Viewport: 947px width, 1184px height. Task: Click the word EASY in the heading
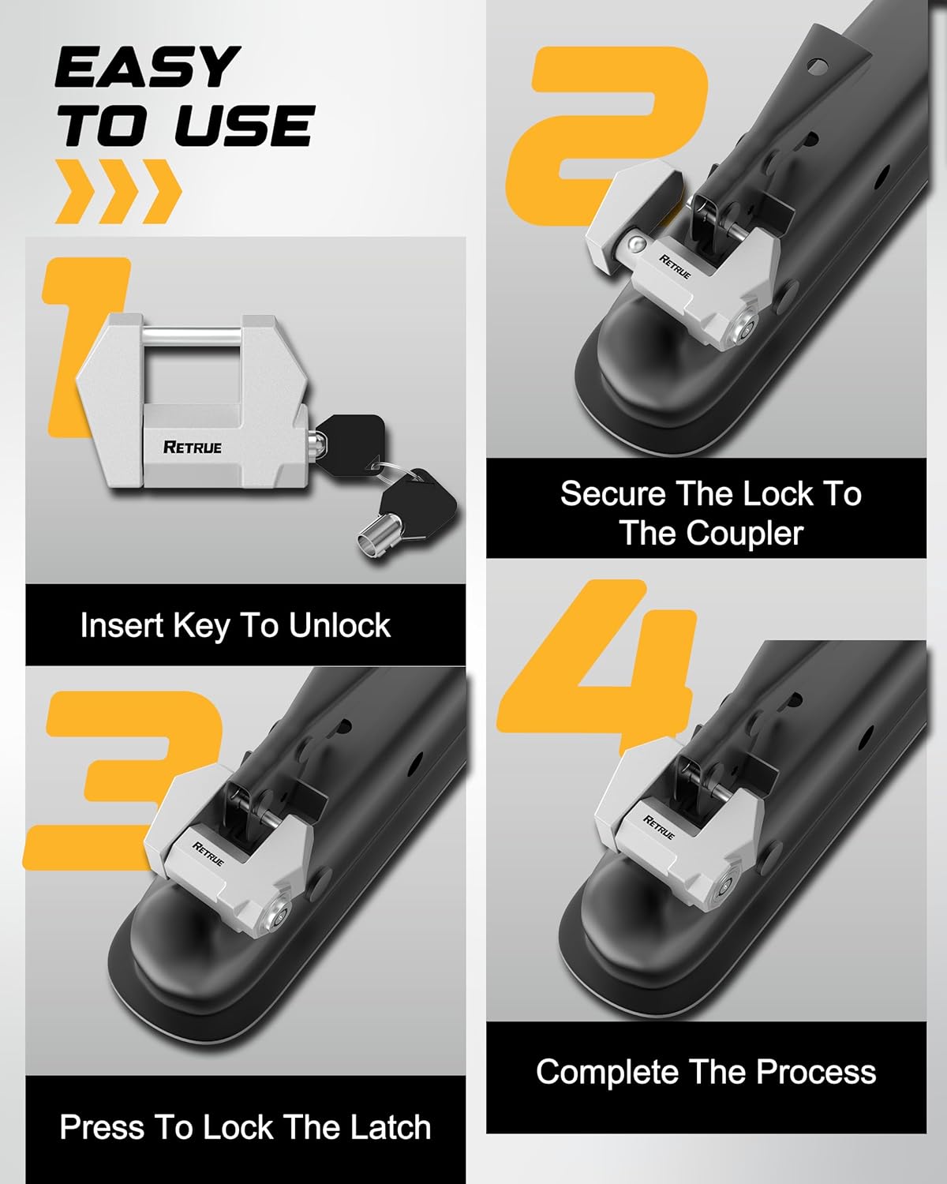tap(148, 68)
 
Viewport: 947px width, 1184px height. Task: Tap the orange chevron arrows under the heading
tap(118, 192)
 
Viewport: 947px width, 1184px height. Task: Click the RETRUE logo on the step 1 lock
tap(192, 447)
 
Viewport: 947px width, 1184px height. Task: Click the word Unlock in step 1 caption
tap(339, 626)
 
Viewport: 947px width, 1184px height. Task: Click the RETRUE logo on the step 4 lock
tap(659, 827)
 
